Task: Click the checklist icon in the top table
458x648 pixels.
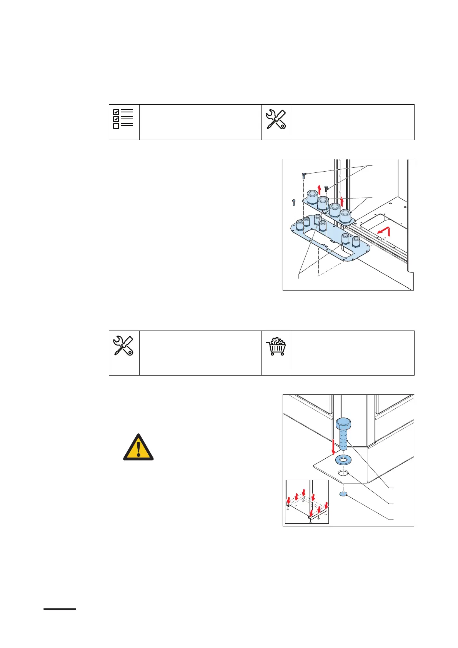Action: (x=123, y=119)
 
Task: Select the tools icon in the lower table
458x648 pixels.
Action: (x=123, y=345)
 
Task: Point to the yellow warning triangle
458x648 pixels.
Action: (x=138, y=448)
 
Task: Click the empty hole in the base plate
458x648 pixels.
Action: (x=343, y=473)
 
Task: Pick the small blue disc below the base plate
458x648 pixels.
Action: (x=344, y=494)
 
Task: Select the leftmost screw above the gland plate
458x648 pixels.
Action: (x=294, y=201)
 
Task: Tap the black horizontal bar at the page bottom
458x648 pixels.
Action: (x=60, y=609)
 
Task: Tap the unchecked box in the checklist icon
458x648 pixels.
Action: (x=116, y=126)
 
